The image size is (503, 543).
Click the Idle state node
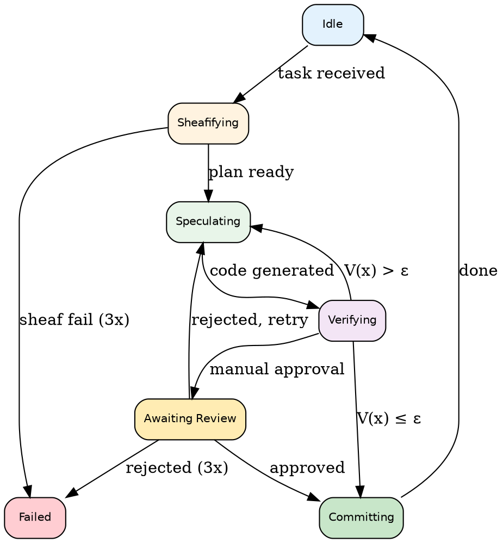click(333, 24)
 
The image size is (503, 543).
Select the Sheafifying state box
click(208, 123)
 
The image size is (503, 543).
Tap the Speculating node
click(208, 221)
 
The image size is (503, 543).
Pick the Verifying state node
click(352, 320)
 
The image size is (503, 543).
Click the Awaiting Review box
click(190, 419)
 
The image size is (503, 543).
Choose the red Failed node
click(35, 517)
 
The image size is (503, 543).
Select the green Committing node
click(361, 517)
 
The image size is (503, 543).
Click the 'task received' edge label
click(331, 73)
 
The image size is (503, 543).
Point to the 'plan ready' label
click(251, 172)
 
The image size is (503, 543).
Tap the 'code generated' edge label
click(271, 270)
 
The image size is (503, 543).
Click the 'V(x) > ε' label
click(376, 270)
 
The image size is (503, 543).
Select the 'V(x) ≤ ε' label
click(389, 419)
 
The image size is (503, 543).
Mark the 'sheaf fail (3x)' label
click(74, 320)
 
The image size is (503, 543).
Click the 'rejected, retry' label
click(250, 320)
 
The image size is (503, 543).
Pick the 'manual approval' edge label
click(277, 369)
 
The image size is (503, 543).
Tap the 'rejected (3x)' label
click(177, 468)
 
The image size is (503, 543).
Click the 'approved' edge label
click(307, 468)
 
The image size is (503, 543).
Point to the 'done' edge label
click(478, 270)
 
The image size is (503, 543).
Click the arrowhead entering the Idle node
click(368, 37)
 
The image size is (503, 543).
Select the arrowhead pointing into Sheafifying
click(239, 98)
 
